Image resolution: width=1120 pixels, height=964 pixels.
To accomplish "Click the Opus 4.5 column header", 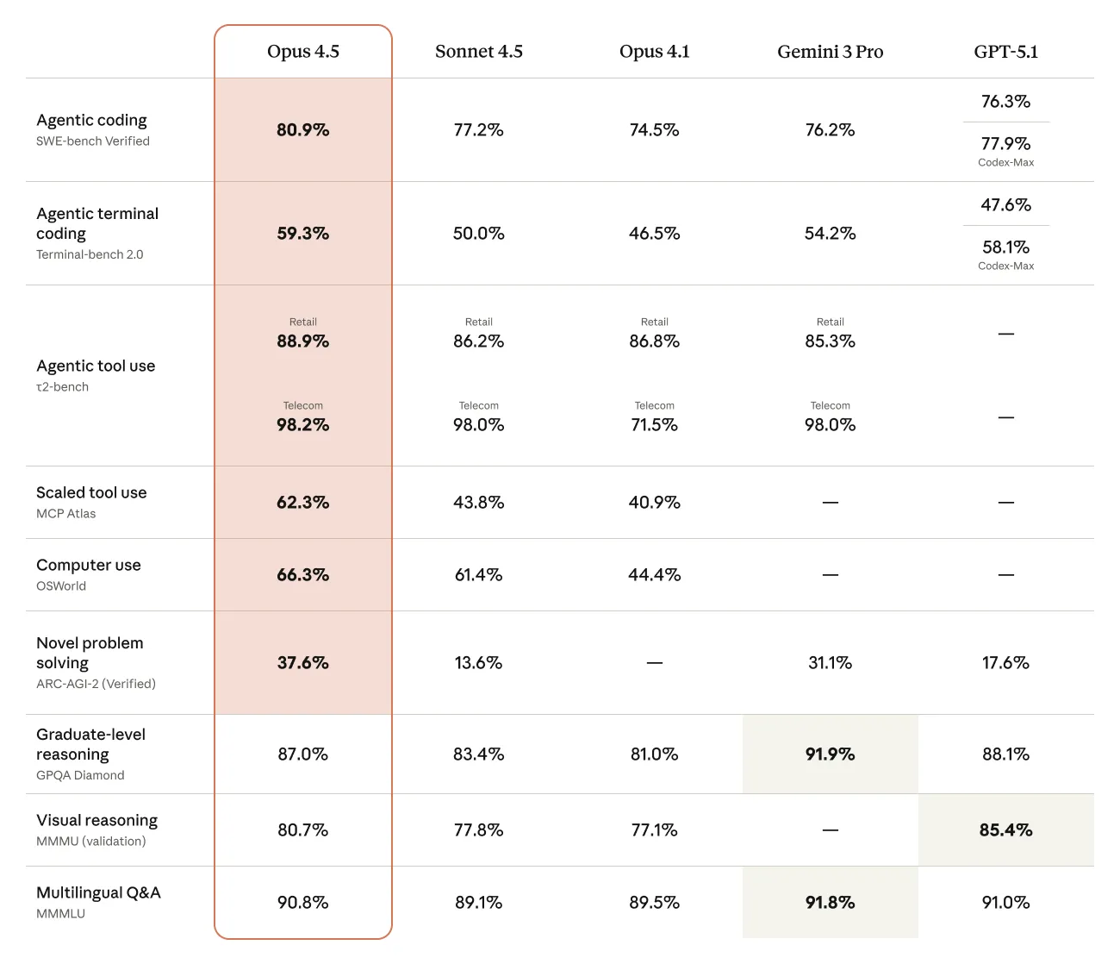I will [303, 52].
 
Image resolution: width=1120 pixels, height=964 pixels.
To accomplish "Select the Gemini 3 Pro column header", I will [830, 52].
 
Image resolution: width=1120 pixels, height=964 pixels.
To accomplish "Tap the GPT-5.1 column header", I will [1005, 52].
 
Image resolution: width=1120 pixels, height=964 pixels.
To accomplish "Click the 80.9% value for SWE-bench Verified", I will [303, 130].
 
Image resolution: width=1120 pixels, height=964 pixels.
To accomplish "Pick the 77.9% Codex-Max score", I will [1005, 144].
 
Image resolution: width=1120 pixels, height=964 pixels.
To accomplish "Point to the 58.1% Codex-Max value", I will [1005, 247].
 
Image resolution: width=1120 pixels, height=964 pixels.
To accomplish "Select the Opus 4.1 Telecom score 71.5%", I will [654, 425].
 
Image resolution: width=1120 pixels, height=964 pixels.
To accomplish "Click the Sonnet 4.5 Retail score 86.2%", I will [478, 341].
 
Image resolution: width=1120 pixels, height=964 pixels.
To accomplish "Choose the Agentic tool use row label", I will [96, 366].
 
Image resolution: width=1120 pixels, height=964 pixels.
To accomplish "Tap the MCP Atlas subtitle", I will [65, 514].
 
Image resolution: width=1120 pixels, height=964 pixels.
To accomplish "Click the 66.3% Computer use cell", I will [303, 575].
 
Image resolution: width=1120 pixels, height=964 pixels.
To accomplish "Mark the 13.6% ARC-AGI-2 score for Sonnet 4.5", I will [478, 663].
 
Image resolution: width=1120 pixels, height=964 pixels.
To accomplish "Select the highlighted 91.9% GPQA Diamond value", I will [830, 754].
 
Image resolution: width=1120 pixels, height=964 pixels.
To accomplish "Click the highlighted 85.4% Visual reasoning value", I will [1005, 830].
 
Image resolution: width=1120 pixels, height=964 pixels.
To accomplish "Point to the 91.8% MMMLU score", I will [830, 903].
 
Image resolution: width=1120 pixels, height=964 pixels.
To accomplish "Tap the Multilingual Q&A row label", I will [98, 892].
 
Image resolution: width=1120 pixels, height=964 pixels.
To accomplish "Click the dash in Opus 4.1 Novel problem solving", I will [654, 663].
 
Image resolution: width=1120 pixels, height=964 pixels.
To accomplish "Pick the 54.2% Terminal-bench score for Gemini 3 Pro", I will [830, 234].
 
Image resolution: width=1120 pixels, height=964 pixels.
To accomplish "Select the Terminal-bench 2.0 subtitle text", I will [90, 254].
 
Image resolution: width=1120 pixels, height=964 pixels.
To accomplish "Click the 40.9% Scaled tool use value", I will [654, 503].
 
